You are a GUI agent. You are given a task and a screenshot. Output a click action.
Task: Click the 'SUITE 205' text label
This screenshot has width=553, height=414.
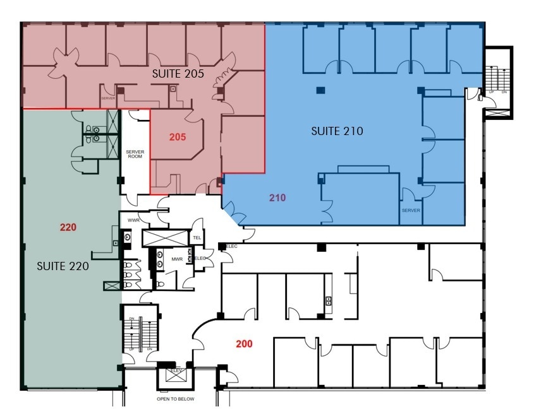pyautogui.click(x=178, y=74)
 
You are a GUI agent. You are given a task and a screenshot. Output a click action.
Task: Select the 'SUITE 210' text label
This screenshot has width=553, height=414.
pyautogui.click(x=337, y=131)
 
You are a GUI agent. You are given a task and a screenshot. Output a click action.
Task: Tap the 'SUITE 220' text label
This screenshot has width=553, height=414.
pyautogui.click(x=63, y=266)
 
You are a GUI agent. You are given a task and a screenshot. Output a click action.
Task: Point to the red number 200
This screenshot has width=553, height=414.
pyautogui.click(x=245, y=344)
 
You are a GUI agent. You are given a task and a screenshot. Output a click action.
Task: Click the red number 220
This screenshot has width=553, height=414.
pyautogui.click(x=68, y=227)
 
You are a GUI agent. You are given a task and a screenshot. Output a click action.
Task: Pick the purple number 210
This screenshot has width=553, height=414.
pyautogui.click(x=277, y=198)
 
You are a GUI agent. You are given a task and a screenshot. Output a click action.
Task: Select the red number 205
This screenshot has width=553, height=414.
pyautogui.click(x=178, y=136)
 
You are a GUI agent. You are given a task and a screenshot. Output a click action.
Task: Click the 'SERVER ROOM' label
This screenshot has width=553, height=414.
pyautogui.click(x=135, y=155)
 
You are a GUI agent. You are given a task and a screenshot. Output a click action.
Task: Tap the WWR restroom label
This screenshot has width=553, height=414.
pyautogui.click(x=133, y=220)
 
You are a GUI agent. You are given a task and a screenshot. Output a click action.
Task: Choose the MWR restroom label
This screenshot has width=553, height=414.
pyautogui.click(x=177, y=259)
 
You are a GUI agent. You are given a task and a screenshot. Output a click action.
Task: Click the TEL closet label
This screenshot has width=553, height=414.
pyautogui.click(x=197, y=237)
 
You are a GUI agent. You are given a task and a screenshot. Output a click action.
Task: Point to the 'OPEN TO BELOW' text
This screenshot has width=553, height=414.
pyautogui.click(x=176, y=399)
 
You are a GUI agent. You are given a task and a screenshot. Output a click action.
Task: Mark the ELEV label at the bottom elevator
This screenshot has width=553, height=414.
pyautogui.click(x=175, y=371)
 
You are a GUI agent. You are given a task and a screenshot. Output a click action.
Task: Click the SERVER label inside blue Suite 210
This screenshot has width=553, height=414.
pyautogui.click(x=410, y=210)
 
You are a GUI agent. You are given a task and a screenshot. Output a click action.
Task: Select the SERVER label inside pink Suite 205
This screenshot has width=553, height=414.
pyautogui.click(x=107, y=98)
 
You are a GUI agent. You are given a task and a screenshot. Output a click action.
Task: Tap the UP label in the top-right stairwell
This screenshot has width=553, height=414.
pyautogui.click(x=491, y=92)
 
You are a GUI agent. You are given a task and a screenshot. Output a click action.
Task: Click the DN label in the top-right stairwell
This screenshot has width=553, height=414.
pyautogui.click(x=504, y=92)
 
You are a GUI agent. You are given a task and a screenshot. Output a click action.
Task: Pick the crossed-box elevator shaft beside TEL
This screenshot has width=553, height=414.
pyautogui.click(x=166, y=238)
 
